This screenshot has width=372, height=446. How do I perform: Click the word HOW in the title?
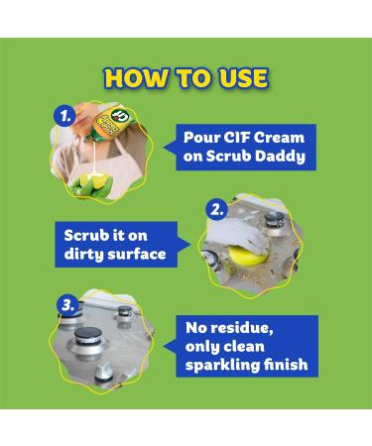132,76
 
